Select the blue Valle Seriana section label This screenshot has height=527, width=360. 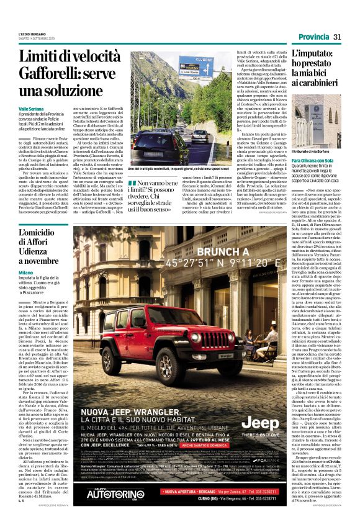click(31, 109)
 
